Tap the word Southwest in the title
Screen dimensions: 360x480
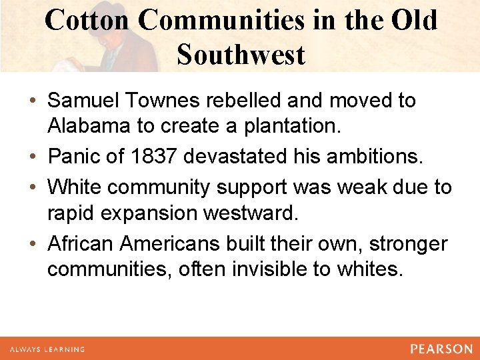(x=241, y=54)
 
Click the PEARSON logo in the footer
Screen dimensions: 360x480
(x=441, y=349)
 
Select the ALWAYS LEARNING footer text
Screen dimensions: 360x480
(x=46, y=349)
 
